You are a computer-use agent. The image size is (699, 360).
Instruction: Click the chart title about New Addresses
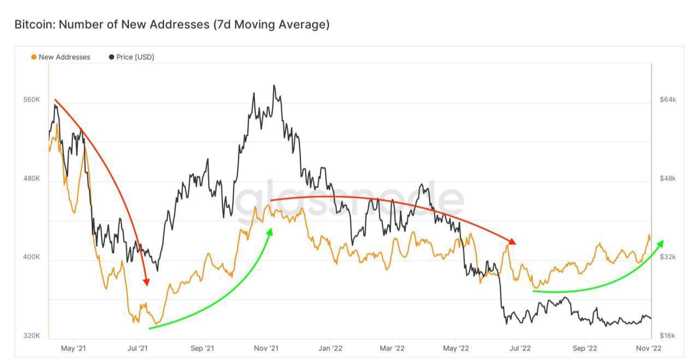(171, 25)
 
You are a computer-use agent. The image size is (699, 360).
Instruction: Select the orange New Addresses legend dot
(34, 57)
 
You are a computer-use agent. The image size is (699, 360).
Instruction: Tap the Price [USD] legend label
(135, 57)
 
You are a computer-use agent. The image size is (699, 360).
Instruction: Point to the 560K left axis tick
(32, 101)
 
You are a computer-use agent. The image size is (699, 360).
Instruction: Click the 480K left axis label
(32, 179)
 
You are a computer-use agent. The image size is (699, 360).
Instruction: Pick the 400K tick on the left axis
(32, 257)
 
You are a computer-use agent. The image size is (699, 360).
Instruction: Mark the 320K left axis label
(32, 335)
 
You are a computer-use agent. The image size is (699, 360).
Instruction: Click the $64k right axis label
(668, 100)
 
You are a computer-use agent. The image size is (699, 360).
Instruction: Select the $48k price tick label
(668, 179)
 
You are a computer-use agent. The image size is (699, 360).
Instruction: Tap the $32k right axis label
(668, 257)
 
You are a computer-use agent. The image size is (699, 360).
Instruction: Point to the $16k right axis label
(668, 335)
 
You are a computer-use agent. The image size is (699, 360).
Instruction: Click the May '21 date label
(73, 348)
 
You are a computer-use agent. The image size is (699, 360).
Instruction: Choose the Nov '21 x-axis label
(266, 348)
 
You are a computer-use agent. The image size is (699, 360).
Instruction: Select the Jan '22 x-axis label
(331, 348)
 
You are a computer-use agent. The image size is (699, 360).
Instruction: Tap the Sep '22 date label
(585, 348)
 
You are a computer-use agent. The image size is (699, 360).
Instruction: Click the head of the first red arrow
(146, 282)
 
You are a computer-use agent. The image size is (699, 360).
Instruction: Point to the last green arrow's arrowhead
(661, 243)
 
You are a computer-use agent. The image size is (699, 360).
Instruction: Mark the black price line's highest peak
(274, 85)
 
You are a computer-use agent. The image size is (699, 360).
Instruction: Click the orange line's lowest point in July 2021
(156, 324)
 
